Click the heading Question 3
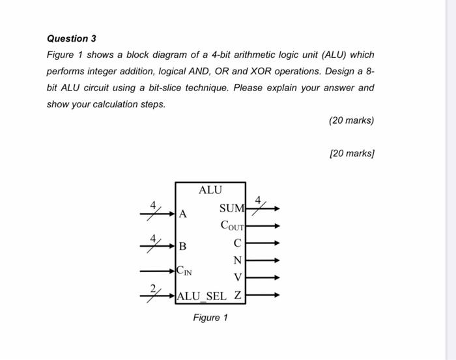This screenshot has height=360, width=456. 71,38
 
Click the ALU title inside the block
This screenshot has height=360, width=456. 210,190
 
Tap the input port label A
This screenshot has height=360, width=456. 183,214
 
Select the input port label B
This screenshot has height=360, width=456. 183,247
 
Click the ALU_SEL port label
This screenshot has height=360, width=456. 202,296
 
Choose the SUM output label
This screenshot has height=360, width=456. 231,209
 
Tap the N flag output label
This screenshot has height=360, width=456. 237,260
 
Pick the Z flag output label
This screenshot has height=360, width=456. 238,296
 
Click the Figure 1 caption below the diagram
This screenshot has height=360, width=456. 210,318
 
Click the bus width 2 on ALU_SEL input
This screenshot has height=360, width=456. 154,289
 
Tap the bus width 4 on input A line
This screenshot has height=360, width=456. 154,205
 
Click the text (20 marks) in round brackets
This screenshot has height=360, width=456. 352,120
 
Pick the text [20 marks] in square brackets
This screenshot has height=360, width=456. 352,154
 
